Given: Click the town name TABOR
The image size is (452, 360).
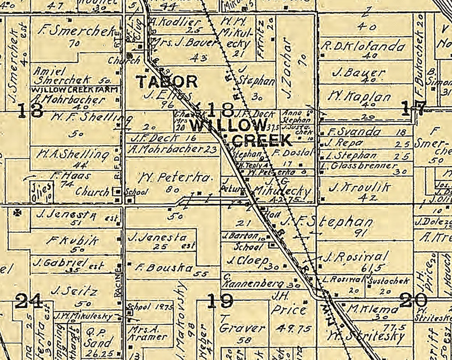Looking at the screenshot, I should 166,82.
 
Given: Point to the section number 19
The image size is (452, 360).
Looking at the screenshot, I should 220,301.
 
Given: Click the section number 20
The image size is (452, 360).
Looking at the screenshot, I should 413,300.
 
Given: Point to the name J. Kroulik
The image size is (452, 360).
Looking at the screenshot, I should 359,187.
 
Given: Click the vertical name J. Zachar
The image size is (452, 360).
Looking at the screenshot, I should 287,68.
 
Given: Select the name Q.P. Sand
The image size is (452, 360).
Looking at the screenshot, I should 98,337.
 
